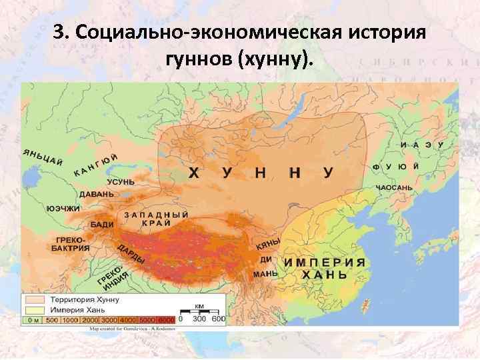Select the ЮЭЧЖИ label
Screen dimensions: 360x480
tap(63, 209)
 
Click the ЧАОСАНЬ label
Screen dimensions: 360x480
tap(393, 189)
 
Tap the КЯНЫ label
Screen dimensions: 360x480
tap(269, 244)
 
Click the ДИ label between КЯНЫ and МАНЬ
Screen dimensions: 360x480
tap(265, 259)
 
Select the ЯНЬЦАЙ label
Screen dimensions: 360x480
tap(43, 156)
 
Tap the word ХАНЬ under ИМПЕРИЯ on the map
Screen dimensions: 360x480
tap(325, 275)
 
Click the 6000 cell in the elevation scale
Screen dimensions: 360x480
tap(166, 320)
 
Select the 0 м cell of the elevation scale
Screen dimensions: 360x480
tap(32, 320)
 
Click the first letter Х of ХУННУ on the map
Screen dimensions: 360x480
tap(193, 173)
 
